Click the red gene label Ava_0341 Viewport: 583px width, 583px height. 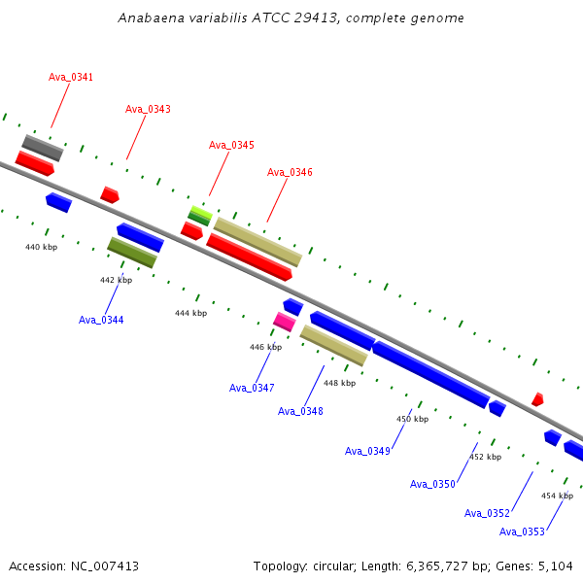point(71,77)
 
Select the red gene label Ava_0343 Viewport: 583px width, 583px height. point(148,109)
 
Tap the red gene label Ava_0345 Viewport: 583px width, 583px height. point(231,145)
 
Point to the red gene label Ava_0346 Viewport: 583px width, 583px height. point(290,172)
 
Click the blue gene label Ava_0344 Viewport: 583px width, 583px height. point(101,320)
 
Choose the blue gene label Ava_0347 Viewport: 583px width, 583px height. point(252,388)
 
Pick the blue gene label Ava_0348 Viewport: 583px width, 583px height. point(300,411)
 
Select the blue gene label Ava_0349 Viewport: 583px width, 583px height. point(367,451)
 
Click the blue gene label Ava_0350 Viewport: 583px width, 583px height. point(432,484)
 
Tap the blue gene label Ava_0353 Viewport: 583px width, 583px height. point(522,532)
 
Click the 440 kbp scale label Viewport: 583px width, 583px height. point(41,248)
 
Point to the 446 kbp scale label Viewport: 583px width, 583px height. point(265,347)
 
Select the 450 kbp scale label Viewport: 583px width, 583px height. point(412,419)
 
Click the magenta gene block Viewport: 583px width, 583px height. point(284,322)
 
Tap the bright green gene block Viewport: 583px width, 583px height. point(201,212)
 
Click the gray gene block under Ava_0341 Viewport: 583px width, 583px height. point(43,148)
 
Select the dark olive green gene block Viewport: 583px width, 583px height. point(131,253)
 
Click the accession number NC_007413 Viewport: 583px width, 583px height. point(102,566)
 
